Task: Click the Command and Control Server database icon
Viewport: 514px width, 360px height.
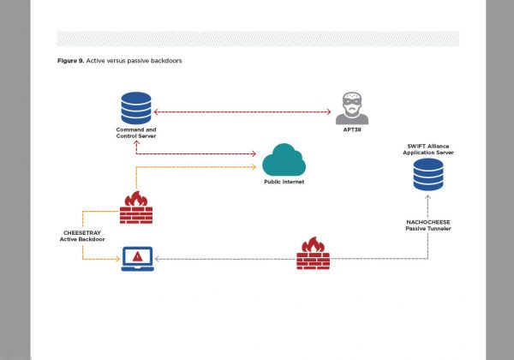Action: pos(136,107)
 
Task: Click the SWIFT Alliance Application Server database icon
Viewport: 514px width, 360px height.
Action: pos(427,174)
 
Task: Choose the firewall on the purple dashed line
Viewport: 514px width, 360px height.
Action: pos(313,254)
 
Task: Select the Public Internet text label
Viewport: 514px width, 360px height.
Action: pos(284,183)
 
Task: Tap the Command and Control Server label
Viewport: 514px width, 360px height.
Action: pos(136,133)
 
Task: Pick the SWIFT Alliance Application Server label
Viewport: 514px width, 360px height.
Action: pos(427,150)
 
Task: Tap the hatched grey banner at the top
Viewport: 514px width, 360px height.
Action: pos(257,39)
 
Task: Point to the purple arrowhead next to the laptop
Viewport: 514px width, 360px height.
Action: pos(159,258)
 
